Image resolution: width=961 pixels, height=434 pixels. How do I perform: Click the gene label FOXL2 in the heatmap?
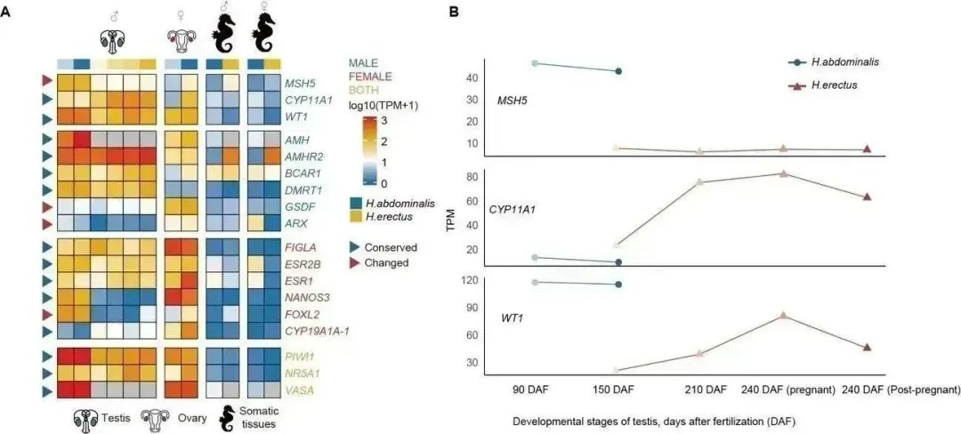pos(301,313)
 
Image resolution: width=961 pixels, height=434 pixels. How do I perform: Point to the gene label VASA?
pos(298,390)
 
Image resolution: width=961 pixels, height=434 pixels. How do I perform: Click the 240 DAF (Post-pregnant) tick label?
pos(900,390)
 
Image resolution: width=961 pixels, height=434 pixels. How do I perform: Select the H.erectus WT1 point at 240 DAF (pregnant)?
pos(783,316)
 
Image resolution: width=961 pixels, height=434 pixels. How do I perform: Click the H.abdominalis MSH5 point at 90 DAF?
pos(535,63)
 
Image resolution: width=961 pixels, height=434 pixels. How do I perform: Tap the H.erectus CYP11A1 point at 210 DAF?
pos(700,182)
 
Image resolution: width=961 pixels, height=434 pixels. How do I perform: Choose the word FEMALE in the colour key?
pos(372,76)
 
